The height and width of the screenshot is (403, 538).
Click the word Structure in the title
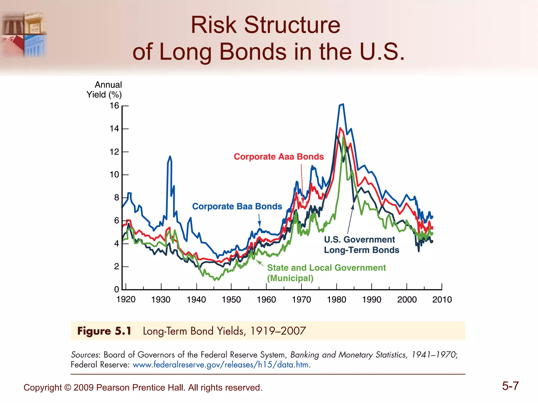tap(292, 25)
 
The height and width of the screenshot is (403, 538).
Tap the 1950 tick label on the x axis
tap(231, 299)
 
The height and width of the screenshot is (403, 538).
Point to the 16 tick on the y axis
tap(115, 106)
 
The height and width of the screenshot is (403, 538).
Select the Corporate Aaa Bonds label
tap(279, 157)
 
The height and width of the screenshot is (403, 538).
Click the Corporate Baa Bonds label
tap(237, 206)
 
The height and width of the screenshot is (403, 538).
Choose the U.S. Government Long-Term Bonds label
tap(361, 245)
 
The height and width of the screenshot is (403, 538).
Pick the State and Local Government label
tap(326, 268)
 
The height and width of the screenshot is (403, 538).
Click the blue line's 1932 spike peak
tap(170, 157)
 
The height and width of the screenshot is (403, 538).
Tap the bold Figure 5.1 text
tap(104, 331)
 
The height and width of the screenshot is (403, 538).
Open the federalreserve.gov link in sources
tap(220, 365)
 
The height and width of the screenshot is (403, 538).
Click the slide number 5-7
tap(510, 386)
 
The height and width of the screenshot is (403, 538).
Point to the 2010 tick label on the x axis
tap(442, 299)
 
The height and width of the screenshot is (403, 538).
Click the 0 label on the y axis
tap(117, 289)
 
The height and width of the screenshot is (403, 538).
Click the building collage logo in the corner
tap(24, 34)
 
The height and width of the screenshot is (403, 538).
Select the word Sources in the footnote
tap(85, 355)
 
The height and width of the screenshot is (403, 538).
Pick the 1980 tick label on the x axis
tap(337, 299)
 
